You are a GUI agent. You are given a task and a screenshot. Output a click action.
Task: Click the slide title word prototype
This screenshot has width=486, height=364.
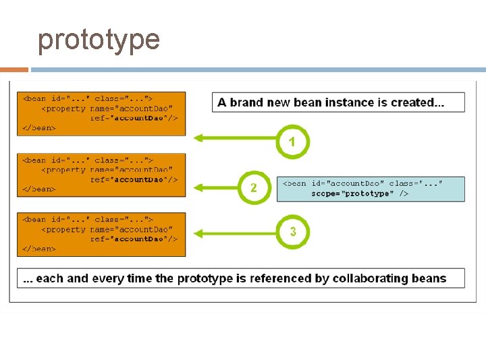[99, 40]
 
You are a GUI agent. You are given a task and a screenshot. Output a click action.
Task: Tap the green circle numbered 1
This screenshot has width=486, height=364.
[292, 142]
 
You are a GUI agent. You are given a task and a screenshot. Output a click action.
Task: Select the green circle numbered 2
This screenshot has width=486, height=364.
[254, 187]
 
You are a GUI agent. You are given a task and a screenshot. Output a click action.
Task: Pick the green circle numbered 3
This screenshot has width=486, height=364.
[292, 232]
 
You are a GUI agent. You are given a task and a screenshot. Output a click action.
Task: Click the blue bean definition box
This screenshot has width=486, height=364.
[371, 189]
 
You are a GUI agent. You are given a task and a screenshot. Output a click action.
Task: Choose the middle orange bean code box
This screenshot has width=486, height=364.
[101, 174]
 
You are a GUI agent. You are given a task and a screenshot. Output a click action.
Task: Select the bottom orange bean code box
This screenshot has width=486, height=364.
[101, 234]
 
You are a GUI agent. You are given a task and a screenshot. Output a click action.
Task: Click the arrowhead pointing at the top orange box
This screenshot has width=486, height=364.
[198, 138]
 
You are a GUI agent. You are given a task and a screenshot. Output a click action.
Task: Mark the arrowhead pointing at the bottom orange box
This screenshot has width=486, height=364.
[198, 234]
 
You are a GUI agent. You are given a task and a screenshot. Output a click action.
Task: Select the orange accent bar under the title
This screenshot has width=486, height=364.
[13, 69]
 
